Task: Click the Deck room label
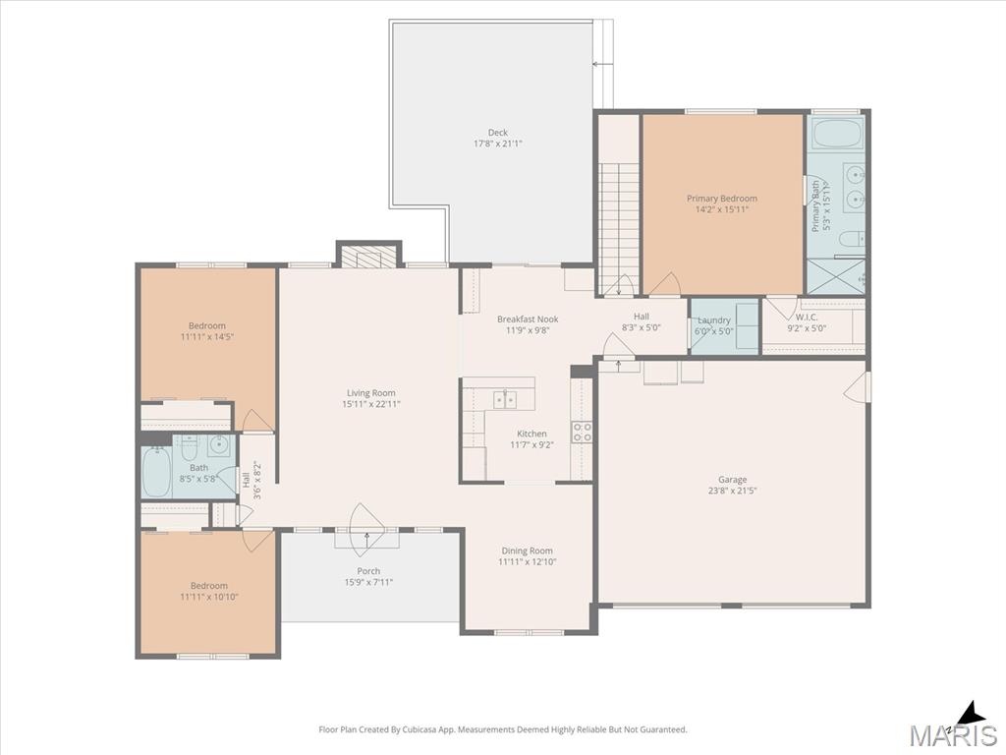pos(497,133)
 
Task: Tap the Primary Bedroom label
pos(722,199)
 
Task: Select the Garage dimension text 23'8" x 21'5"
pos(733,491)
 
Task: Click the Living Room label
pos(370,393)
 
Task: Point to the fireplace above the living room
pos(368,257)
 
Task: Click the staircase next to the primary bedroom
pos(620,228)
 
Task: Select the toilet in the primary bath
pos(852,240)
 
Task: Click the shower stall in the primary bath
pos(835,276)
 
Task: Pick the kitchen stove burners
pos(582,432)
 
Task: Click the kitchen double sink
pos(505,399)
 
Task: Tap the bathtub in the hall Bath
pos(156,472)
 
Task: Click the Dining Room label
pos(528,551)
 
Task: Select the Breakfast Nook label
pos(528,319)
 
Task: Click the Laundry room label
pos(714,320)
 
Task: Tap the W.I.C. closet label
pos(808,318)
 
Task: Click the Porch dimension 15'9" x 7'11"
pos(368,582)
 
